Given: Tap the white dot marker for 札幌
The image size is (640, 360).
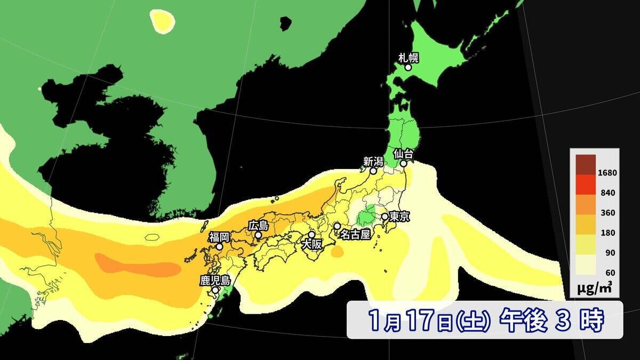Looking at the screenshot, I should coord(408,68).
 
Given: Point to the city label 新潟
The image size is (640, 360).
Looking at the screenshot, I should coord(373,161).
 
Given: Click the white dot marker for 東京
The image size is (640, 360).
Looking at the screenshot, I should coord(385,217).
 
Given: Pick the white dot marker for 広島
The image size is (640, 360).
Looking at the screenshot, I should coord(258,235).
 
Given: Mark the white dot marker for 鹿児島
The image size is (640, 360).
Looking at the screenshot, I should coord(215,291).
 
